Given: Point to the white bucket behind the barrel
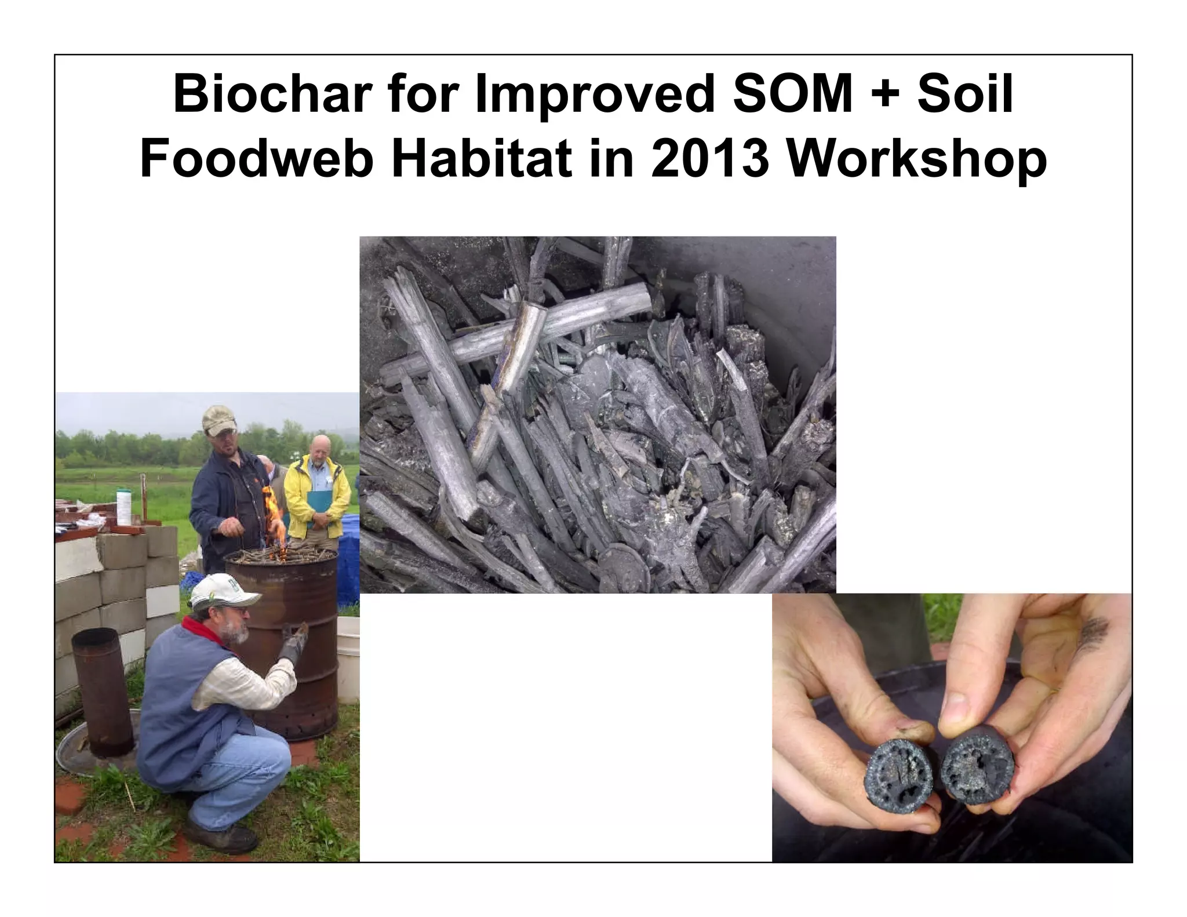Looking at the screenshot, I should pos(348,655).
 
